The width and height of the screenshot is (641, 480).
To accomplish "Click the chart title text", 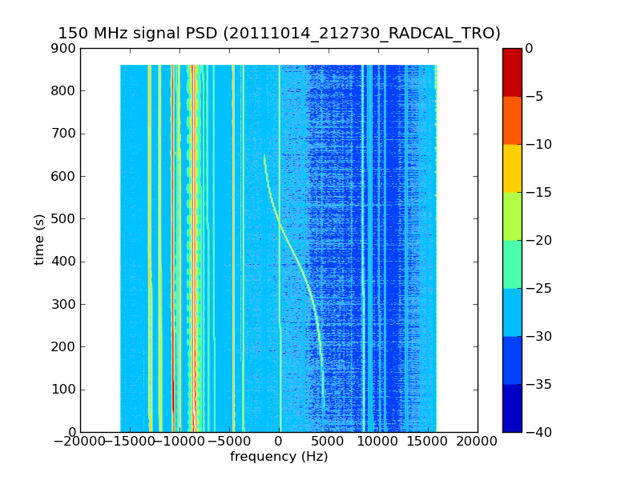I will (x=279, y=33).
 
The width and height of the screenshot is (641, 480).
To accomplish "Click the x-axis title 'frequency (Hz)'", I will (x=279, y=457).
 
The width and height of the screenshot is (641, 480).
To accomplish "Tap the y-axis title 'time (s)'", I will (x=39, y=240).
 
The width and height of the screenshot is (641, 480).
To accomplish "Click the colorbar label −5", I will (x=534, y=96).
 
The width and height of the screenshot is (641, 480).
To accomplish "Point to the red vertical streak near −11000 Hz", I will (x=172, y=320).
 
